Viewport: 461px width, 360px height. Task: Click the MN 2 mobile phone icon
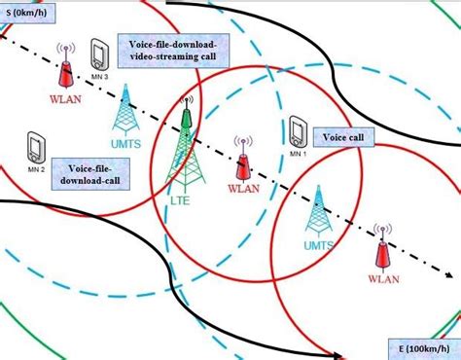(x=36, y=146)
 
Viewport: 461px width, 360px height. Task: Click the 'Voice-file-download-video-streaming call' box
(x=171, y=51)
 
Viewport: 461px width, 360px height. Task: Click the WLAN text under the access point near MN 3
(x=64, y=96)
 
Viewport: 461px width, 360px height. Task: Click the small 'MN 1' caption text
(x=298, y=154)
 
